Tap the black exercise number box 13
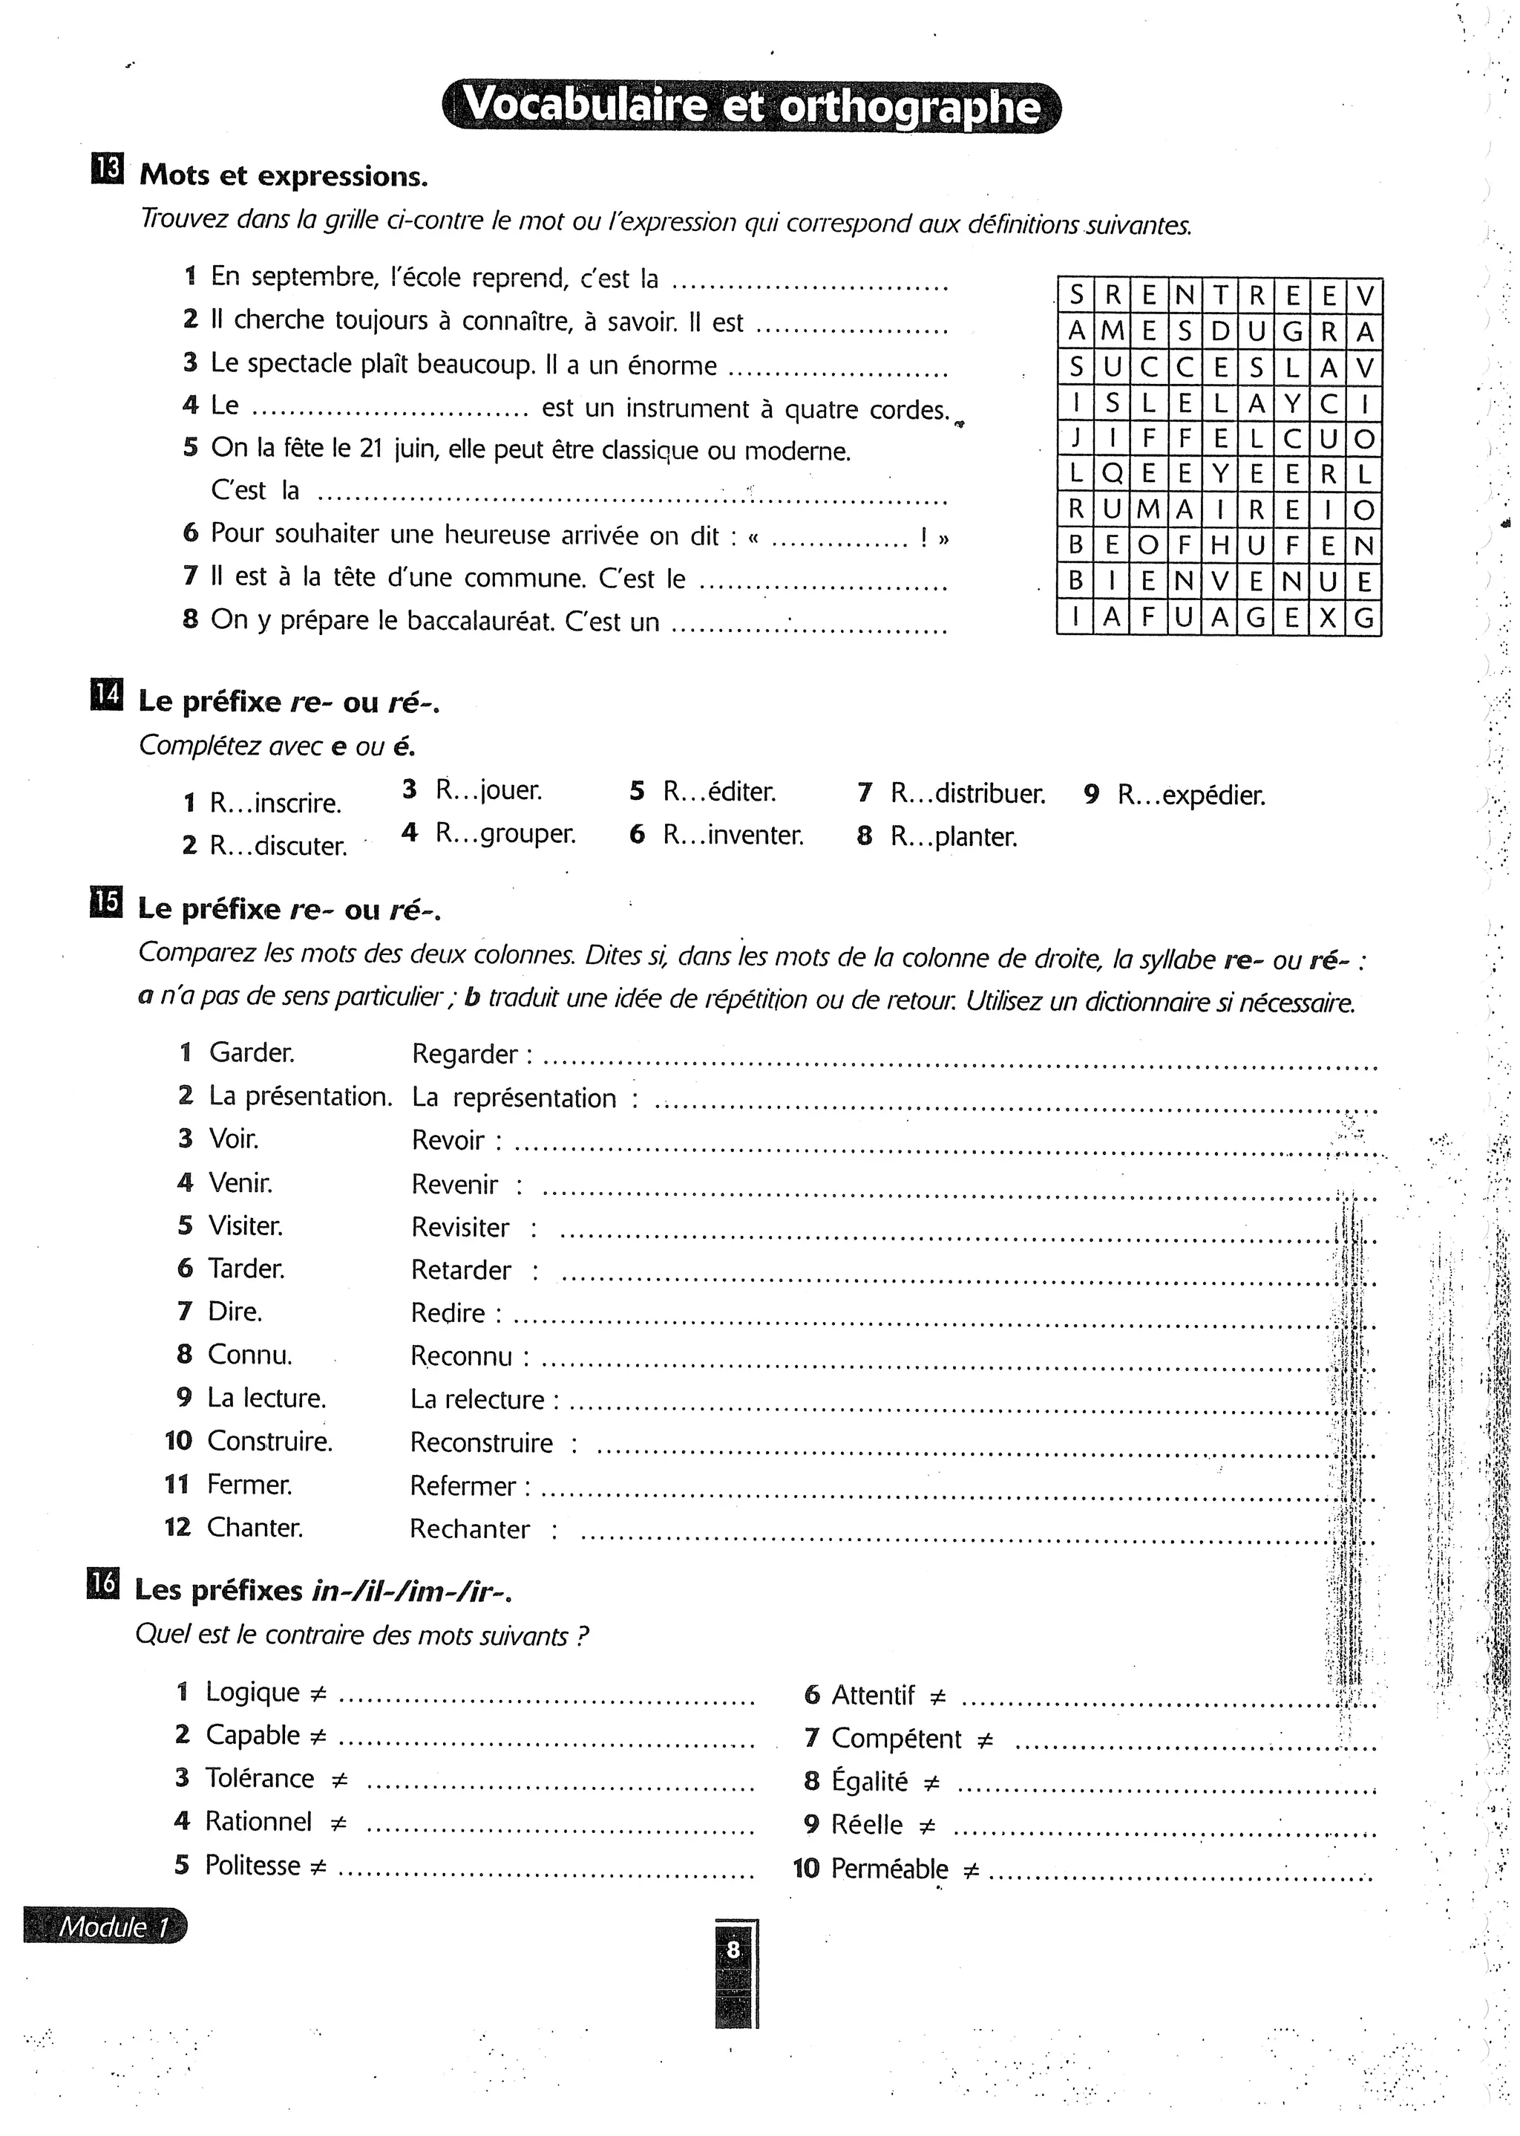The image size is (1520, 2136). click(x=107, y=169)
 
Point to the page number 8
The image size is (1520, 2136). click(x=733, y=1950)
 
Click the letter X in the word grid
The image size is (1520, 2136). click(x=1328, y=618)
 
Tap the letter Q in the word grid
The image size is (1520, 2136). click(x=1112, y=474)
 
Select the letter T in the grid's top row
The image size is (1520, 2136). click(x=1219, y=296)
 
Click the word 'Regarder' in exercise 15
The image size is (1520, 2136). click(x=464, y=1055)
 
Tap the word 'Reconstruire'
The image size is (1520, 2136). click(x=481, y=1443)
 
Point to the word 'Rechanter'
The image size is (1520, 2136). click(x=469, y=1529)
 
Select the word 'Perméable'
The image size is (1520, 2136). click(x=889, y=1869)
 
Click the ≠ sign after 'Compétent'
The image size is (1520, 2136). click(x=985, y=1741)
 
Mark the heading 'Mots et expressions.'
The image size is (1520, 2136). click(x=284, y=175)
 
